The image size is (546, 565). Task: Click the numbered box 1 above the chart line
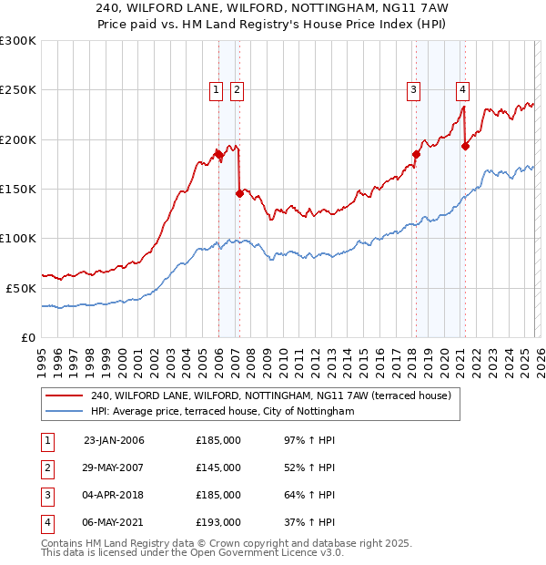(217, 89)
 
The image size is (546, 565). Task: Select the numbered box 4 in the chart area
(463, 89)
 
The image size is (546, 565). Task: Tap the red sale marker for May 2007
(239, 193)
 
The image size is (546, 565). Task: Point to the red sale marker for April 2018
(416, 154)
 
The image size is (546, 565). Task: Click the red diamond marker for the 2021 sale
(466, 146)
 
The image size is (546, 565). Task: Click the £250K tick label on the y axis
(18, 90)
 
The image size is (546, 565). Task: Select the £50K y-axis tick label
(21, 288)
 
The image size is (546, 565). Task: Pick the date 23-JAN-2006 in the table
(114, 440)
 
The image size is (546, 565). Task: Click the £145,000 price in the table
(218, 467)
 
